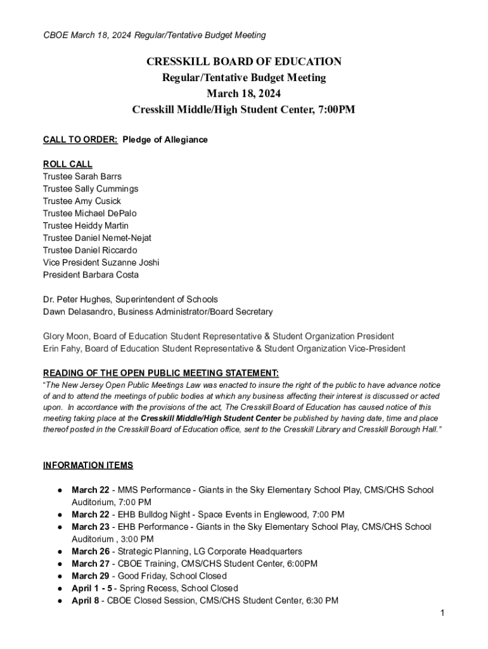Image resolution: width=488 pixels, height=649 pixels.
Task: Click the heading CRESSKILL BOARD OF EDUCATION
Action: pyautogui.click(x=244, y=61)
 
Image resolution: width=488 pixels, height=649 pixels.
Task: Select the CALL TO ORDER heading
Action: pyautogui.click(x=80, y=139)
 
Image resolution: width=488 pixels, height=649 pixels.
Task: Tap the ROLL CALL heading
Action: pyautogui.click(x=68, y=164)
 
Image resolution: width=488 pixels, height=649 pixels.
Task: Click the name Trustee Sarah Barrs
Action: pyautogui.click(x=82, y=176)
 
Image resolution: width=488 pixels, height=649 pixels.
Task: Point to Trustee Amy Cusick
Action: pyautogui.click(x=82, y=201)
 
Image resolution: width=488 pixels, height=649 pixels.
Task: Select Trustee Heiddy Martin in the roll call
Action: pyautogui.click(x=86, y=226)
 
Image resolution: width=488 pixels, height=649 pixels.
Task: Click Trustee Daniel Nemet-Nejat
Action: pyautogui.click(x=97, y=238)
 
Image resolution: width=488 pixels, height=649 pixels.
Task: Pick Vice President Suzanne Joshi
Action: pyautogui.click(x=101, y=262)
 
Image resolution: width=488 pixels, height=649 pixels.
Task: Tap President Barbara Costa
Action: pyautogui.click(x=91, y=274)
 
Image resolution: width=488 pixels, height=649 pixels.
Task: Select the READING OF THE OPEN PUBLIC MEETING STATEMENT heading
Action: pyautogui.click(x=160, y=373)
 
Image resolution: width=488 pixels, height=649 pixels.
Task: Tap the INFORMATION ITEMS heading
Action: pyautogui.click(x=88, y=465)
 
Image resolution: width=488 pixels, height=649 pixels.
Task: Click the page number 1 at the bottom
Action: pyautogui.click(x=442, y=613)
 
